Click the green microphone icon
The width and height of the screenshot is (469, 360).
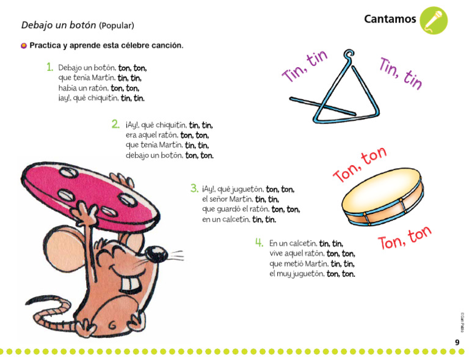point(434,20)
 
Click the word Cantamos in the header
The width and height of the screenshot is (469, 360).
point(390,19)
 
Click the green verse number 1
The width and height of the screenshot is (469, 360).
point(49,67)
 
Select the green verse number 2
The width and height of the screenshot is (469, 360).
point(115,124)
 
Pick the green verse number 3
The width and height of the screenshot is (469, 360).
point(194,188)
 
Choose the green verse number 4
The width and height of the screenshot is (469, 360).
point(260,242)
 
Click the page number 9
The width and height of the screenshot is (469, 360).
point(457,342)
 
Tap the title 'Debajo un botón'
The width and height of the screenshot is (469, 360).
point(59,25)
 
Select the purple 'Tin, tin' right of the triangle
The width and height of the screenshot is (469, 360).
point(401,73)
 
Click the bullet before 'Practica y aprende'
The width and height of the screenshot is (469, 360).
point(24,46)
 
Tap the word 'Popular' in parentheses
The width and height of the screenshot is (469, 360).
point(116,26)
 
